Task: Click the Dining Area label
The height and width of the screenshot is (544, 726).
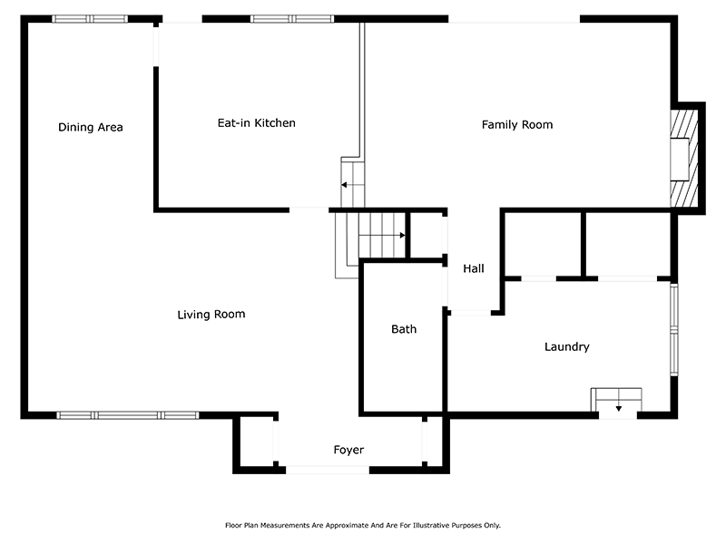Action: click(90, 127)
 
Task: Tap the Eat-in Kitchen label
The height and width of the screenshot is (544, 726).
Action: click(256, 122)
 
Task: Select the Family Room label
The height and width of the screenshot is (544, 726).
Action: click(516, 124)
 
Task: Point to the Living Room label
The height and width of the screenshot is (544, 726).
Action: click(211, 315)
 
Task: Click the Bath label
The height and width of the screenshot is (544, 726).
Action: click(404, 329)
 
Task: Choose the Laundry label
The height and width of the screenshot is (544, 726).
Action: click(566, 346)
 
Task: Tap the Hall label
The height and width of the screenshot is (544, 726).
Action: click(474, 268)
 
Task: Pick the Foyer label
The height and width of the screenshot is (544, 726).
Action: click(348, 450)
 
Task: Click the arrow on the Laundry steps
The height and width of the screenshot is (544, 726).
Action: click(618, 407)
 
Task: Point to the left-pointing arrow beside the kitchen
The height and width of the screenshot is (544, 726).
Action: click(346, 185)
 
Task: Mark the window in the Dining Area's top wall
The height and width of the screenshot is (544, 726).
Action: click(90, 18)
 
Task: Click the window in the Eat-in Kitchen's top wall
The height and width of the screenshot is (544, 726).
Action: click(291, 18)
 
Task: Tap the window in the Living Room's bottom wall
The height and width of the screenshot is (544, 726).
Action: click(127, 415)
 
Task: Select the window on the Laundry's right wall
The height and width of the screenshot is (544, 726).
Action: click(673, 330)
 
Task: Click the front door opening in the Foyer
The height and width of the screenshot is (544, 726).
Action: click(328, 469)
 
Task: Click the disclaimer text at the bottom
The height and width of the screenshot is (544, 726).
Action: click(362, 525)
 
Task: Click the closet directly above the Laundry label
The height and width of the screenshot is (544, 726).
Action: click(542, 244)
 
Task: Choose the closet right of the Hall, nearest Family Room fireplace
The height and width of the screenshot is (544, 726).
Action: click(626, 244)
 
